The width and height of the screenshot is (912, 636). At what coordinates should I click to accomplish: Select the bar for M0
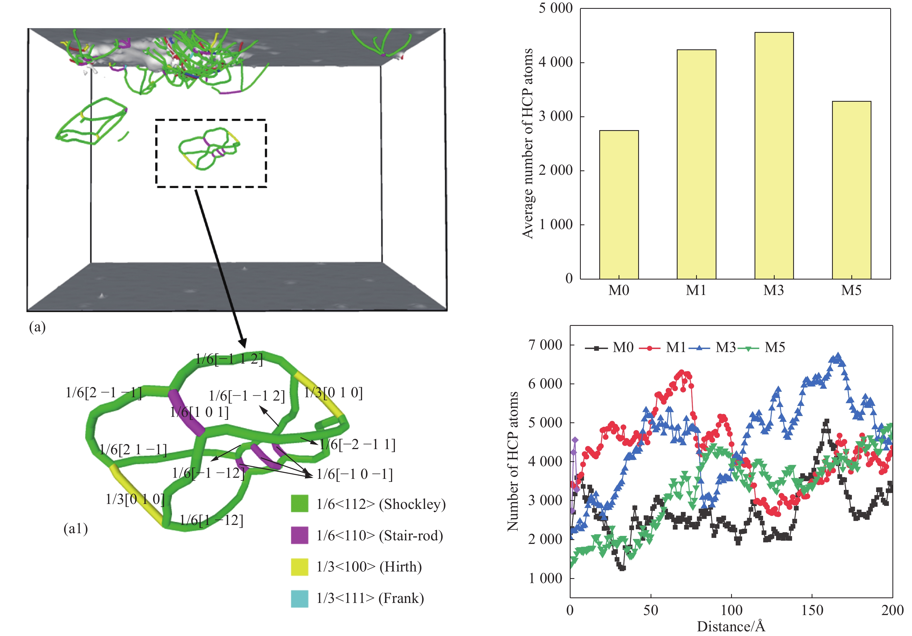coord(619,205)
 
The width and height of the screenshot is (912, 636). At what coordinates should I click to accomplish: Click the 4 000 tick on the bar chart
coord(555,62)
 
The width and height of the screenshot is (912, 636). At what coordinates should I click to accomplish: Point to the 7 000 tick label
coord(545,345)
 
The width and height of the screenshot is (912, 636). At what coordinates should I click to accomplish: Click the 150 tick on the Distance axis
coord(812,610)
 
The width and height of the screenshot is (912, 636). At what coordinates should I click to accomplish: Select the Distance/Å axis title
coord(731,626)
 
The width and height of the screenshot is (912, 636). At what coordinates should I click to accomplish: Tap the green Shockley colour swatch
coord(299,503)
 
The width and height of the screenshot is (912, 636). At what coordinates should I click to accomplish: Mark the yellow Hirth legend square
coord(299,567)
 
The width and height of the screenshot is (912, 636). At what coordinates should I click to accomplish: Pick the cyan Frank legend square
coord(299,598)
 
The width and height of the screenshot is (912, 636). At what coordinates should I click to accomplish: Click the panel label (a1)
coord(76,528)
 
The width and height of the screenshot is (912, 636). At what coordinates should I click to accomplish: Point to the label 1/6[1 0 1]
coord(199,412)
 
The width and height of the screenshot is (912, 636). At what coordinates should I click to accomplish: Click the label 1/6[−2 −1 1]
coord(357,444)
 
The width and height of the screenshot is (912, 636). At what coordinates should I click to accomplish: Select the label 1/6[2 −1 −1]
coord(103,393)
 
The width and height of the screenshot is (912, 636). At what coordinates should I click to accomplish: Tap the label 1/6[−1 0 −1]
coord(354,474)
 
